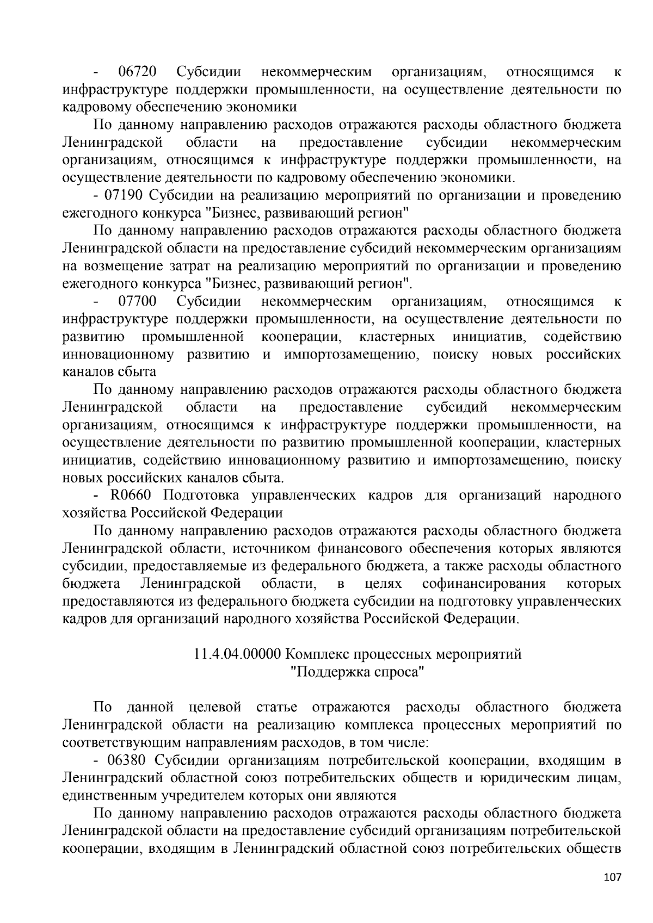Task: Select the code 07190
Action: point(121,196)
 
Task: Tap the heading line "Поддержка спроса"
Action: point(357,672)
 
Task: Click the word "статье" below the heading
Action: point(276,708)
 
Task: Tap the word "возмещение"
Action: point(117,266)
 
